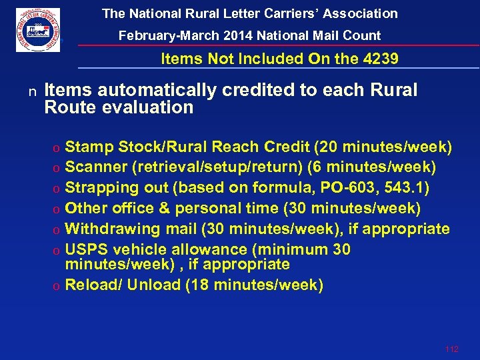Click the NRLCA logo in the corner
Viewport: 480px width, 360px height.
(x=38, y=30)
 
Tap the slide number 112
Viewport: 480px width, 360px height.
(x=451, y=349)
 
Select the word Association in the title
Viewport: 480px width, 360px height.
(x=359, y=13)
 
